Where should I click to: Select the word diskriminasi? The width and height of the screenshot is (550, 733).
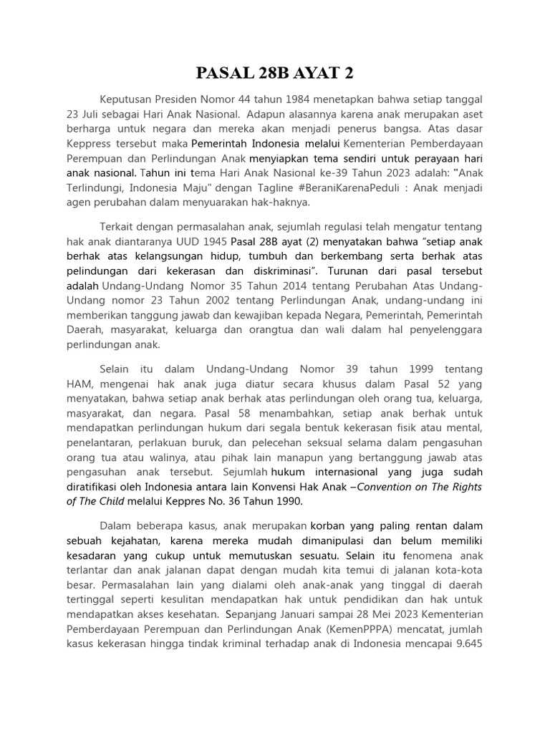point(280,272)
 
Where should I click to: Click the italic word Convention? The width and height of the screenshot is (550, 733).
point(387,487)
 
